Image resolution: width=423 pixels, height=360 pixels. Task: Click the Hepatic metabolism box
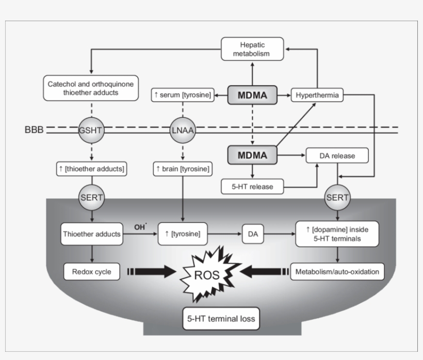pos(252,48)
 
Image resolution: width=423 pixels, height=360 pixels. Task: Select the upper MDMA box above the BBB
pos(252,95)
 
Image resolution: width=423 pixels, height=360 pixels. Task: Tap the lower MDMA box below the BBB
pos(252,155)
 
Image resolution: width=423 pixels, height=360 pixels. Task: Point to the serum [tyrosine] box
pos(183,95)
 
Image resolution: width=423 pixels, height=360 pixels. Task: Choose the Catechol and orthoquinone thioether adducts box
pos(90,88)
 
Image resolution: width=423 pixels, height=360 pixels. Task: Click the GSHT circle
pos(91,130)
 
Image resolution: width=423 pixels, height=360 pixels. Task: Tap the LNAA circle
pos(183,130)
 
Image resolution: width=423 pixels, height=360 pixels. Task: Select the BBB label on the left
pos(34,129)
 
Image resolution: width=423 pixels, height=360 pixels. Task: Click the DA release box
pos(337,155)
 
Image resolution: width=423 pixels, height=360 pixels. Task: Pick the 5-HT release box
pos(253,186)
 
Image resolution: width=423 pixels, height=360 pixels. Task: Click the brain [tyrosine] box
pos(183,168)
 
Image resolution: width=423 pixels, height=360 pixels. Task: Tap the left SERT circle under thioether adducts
pos(91,198)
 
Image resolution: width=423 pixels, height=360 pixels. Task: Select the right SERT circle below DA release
pos(337,198)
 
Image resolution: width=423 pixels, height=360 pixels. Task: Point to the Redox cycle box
pos(91,271)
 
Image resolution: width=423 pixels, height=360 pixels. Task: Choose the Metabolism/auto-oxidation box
pos(337,271)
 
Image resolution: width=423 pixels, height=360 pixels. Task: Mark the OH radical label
pos(139,226)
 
